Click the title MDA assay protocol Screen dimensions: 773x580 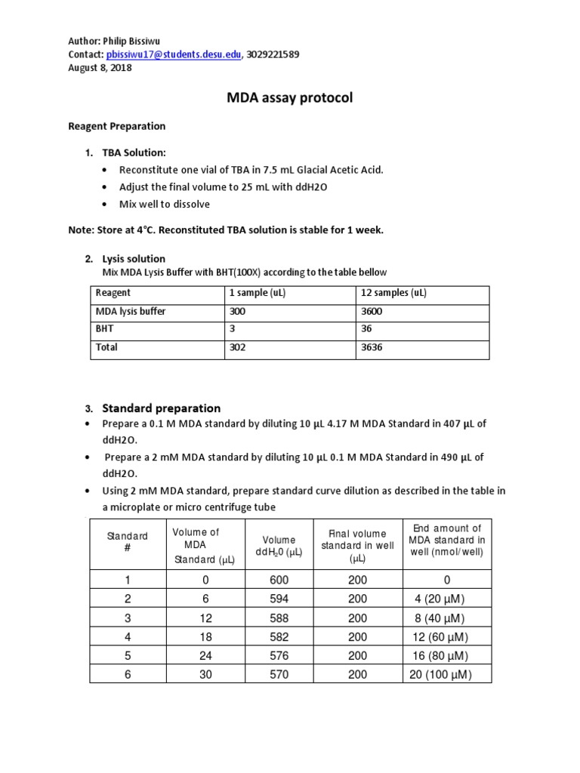click(290, 98)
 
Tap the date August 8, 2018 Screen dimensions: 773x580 click(100, 68)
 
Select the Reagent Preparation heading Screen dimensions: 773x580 click(116, 126)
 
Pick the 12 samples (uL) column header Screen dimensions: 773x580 click(390, 293)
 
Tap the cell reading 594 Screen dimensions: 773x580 click(279, 599)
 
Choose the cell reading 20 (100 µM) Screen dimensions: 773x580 click(440, 675)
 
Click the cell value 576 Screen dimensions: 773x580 click(279, 656)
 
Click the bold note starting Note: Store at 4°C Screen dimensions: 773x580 click(226, 229)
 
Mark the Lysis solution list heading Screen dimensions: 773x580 click(134, 259)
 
